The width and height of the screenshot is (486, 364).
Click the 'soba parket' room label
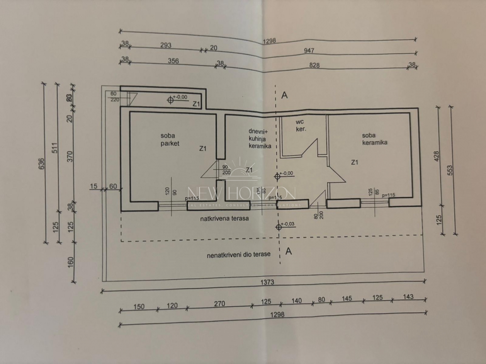170,140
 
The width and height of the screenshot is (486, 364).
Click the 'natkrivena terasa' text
224,218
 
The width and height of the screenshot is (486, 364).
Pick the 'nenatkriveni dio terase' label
239,254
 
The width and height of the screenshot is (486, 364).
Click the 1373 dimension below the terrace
267,282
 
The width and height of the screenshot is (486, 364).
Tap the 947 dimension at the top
309,51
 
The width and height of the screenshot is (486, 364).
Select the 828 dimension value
314,65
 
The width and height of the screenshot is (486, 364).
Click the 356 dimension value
173,61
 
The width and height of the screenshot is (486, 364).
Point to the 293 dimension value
166,45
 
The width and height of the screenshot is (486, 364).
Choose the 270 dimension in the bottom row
219,304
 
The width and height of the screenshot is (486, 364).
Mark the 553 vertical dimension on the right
450,171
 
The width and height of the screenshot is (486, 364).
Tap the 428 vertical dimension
437,157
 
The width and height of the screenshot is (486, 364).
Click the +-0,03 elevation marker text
287,224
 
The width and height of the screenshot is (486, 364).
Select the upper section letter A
285,95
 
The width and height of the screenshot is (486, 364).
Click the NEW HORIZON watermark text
241,194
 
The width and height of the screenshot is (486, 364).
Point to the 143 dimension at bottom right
408,297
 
